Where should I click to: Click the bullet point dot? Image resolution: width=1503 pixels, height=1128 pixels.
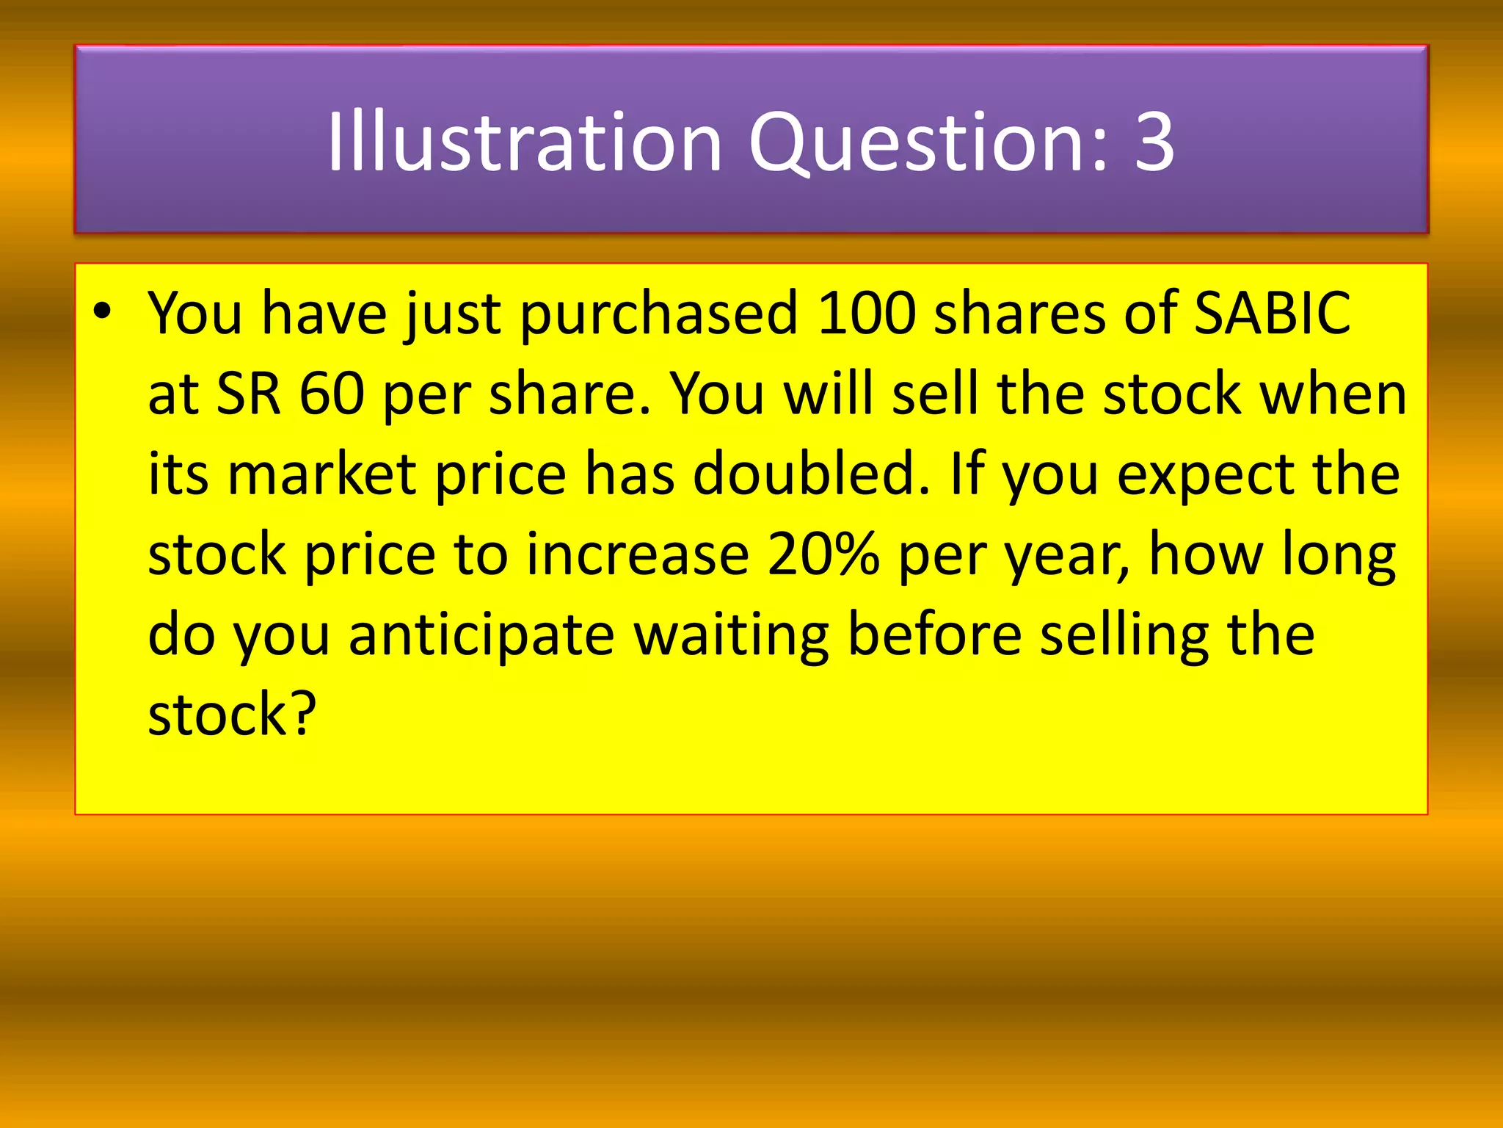click(x=102, y=311)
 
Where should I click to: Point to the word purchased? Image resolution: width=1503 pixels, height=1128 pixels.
click(x=658, y=314)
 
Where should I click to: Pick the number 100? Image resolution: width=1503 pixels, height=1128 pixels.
click(x=867, y=313)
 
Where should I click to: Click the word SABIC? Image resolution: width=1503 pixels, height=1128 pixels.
click(x=1272, y=313)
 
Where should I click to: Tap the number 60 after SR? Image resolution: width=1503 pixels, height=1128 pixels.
click(x=332, y=394)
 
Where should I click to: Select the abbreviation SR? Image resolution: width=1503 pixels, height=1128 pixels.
click(x=249, y=394)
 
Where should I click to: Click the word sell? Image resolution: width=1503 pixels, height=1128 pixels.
click(x=935, y=394)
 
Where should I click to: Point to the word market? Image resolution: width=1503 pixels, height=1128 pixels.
click(x=322, y=474)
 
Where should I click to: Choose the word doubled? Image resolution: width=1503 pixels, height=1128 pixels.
click(x=811, y=474)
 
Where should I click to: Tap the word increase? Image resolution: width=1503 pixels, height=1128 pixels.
click(x=638, y=555)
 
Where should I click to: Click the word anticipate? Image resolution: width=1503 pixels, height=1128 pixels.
click(x=481, y=636)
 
